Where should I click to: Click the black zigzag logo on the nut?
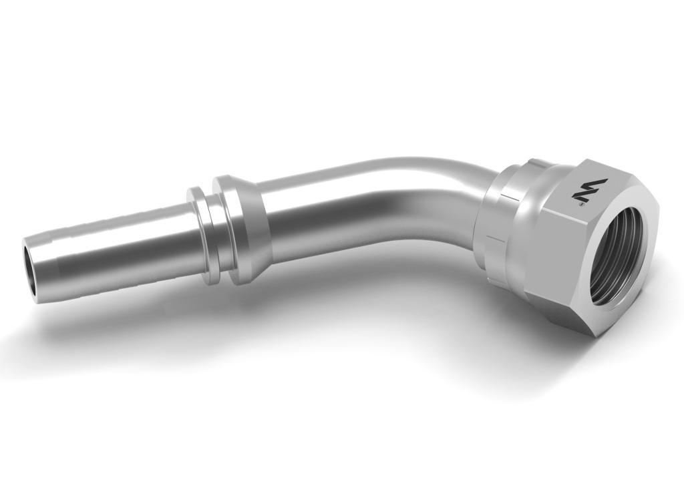pos(581,192)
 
